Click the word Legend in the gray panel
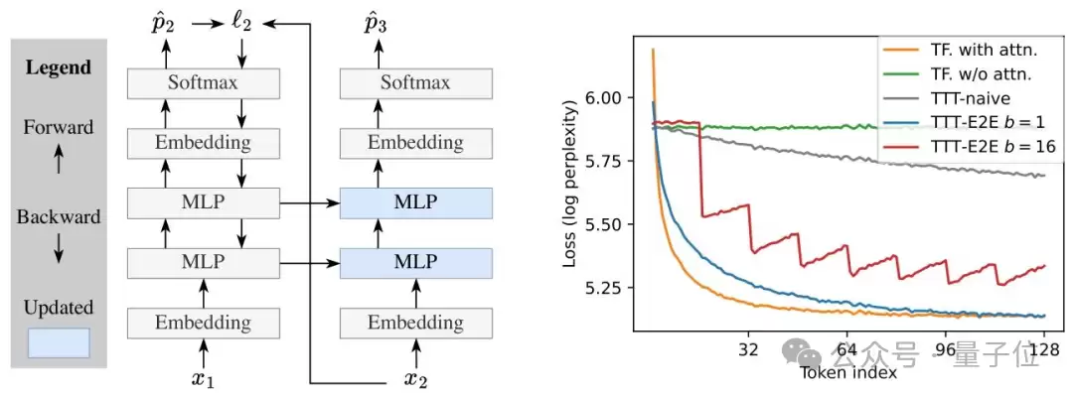click(x=59, y=68)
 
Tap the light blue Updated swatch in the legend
click(x=59, y=342)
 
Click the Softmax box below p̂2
click(x=203, y=82)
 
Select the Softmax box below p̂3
click(x=415, y=82)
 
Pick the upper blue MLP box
click(x=415, y=203)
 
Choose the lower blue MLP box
click(x=415, y=263)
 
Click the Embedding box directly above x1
click(x=203, y=323)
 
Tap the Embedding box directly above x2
click(x=415, y=323)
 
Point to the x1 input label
click(x=203, y=378)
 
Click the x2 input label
click(x=415, y=378)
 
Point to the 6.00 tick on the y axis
click(x=607, y=98)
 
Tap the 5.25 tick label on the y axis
click(x=607, y=289)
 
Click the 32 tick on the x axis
click(x=750, y=348)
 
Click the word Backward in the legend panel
click(x=59, y=216)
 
